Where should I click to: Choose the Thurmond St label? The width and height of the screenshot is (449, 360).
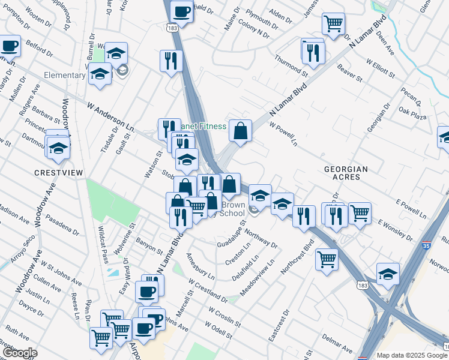291,65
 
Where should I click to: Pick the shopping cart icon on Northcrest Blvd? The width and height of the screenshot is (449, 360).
327,260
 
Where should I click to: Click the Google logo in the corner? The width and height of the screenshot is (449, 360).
19,353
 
